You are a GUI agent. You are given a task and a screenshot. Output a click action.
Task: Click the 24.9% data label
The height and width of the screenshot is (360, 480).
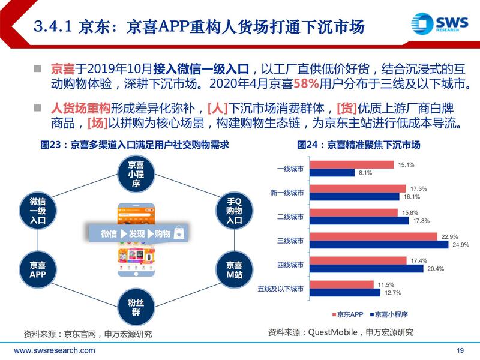click(x=460, y=245)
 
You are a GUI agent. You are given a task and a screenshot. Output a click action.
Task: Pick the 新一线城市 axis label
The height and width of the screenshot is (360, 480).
click(x=287, y=193)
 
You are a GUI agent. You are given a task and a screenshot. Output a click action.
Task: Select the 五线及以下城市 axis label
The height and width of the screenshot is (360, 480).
click(x=281, y=289)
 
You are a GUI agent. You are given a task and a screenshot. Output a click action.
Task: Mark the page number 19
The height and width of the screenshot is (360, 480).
click(x=461, y=351)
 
